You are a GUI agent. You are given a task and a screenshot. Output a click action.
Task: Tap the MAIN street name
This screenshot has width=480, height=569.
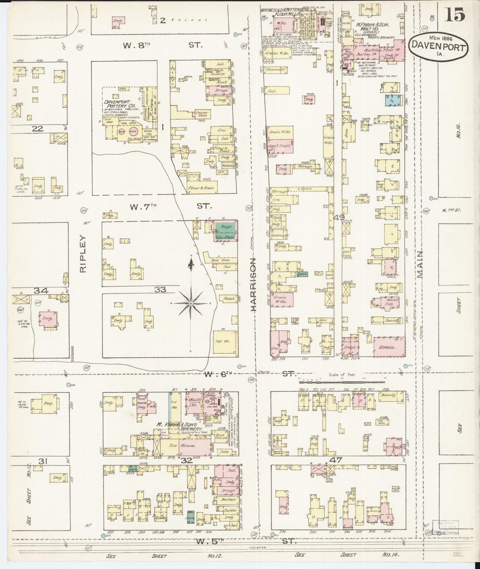click(420, 264)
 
